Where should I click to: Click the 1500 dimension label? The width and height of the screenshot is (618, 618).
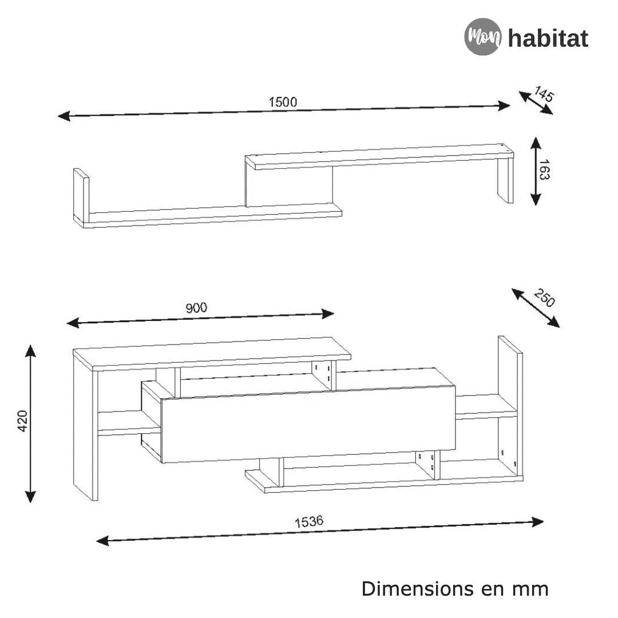pyautogui.click(x=283, y=102)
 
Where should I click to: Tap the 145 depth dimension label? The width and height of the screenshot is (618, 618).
pyautogui.click(x=544, y=94)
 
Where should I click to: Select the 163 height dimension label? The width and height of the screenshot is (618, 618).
pyautogui.click(x=544, y=170)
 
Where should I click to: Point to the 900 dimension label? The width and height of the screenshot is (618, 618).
pyautogui.click(x=196, y=307)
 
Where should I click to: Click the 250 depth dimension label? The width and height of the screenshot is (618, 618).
pyautogui.click(x=544, y=298)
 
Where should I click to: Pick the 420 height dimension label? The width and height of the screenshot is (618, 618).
pyautogui.click(x=22, y=421)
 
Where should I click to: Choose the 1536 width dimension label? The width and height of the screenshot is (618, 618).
pyautogui.click(x=309, y=521)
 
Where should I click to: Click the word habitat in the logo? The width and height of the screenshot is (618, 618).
pyautogui.click(x=548, y=38)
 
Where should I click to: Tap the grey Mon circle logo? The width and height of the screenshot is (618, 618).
pyautogui.click(x=483, y=37)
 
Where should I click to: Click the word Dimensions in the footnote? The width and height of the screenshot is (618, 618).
pyautogui.click(x=417, y=589)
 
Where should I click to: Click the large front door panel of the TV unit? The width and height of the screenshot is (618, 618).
pyautogui.click(x=308, y=424)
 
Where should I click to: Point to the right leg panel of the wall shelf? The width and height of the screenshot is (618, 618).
pyautogui.click(x=505, y=180)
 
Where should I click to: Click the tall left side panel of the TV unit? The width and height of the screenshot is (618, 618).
pyautogui.click(x=85, y=426)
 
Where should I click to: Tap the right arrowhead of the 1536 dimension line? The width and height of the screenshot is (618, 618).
pyautogui.click(x=537, y=522)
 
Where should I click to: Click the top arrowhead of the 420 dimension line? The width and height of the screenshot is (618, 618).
pyautogui.click(x=30, y=351)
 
